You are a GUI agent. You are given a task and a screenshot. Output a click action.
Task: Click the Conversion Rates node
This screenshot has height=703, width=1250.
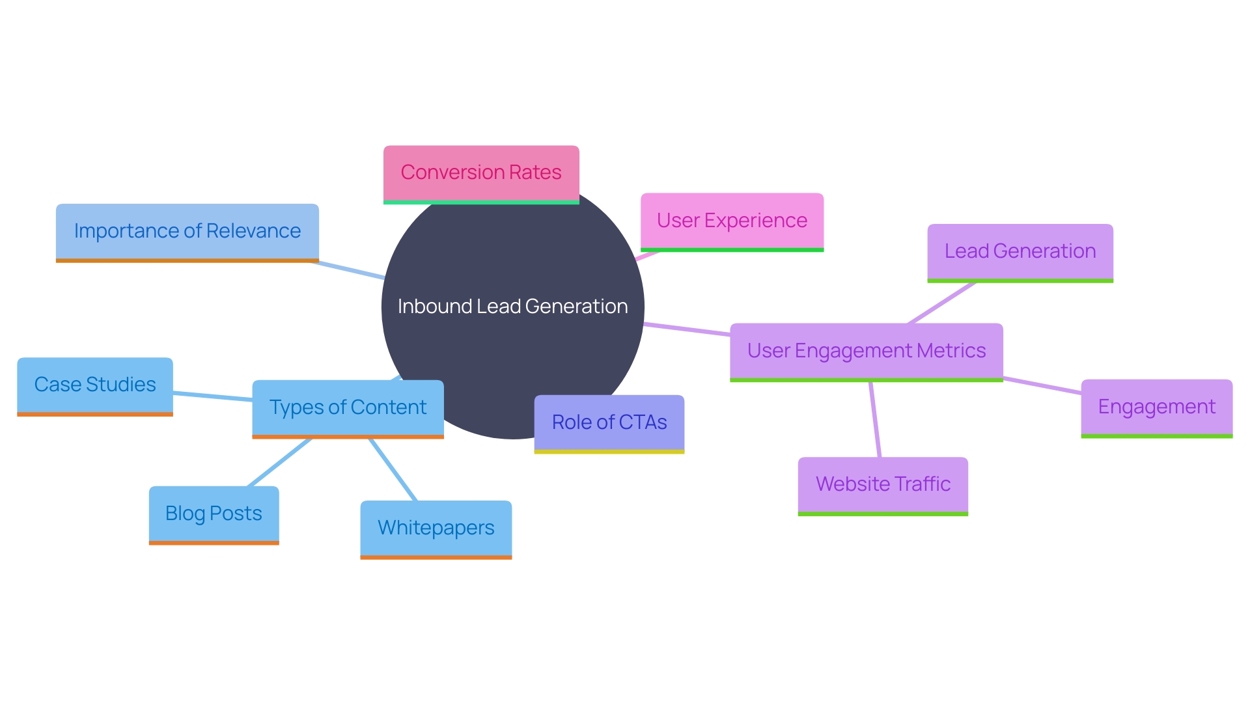[481, 172]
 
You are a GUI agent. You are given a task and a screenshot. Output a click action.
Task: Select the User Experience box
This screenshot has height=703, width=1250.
[732, 221]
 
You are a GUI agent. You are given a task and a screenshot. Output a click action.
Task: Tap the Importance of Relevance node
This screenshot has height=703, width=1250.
[187, 231]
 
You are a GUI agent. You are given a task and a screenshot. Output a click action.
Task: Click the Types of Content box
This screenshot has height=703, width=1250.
[348, 407]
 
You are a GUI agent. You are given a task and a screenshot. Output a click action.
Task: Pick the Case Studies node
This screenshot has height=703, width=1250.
[95, 385]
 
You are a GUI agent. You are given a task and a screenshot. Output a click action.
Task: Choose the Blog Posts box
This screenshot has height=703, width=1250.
[214, 514]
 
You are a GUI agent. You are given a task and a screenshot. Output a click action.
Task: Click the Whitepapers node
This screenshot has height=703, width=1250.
[436, 528]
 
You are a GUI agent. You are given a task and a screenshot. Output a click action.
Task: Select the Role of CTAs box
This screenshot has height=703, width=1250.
[609, 422]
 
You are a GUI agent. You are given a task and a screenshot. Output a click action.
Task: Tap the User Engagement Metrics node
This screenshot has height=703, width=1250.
[866, 351]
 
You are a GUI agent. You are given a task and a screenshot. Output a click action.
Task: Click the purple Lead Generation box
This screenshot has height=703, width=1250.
[1020, 251]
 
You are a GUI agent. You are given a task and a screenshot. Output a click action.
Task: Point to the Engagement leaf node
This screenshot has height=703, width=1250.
[1156, 407]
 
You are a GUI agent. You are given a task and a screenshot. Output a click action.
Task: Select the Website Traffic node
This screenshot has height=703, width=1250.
[883, 484]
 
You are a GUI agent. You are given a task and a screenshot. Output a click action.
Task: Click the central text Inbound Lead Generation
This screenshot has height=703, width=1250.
[513, 307]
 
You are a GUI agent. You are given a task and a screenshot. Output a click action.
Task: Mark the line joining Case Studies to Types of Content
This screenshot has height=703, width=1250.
[212, 396]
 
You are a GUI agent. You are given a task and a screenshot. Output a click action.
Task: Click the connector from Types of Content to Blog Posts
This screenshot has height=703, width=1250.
[280, 462]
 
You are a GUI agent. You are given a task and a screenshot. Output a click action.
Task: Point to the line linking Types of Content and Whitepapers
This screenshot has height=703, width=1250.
[393, 469]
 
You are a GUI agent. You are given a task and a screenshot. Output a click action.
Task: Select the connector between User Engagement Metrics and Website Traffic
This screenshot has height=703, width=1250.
[875, 419]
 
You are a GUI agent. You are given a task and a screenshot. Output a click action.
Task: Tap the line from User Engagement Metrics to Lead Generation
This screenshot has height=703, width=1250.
[941, 303]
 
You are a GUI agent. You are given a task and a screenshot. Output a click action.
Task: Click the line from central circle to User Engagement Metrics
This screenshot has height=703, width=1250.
[687, 329]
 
